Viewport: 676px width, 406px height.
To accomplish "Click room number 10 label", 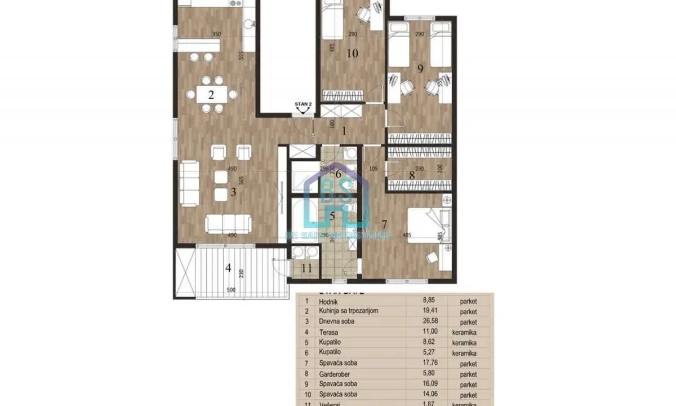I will pos(353,54).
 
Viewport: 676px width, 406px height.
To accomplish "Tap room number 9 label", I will pos(420,68).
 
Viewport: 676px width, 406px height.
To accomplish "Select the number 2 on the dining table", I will pos(211,94).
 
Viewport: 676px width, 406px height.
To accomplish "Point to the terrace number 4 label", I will pos(228,268).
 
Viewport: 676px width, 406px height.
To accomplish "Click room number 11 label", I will pos(306,268).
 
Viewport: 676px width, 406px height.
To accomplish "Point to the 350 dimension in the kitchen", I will pos(216,34).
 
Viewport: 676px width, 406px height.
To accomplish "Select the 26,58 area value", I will pos(426,321).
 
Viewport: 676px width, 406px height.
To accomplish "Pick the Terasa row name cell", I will pos(329,333).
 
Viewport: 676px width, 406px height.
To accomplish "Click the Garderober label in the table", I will pos(336,374).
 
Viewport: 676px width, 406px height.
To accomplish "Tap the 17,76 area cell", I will pos(426,363).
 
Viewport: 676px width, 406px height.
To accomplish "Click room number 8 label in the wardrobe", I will pos(412,175).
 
